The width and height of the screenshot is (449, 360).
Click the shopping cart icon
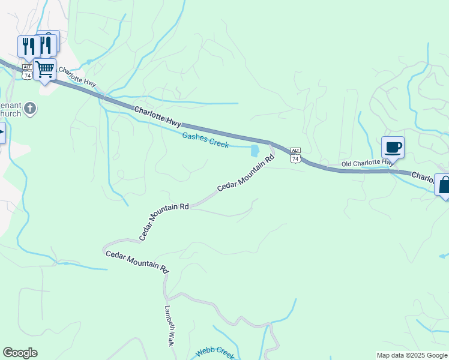45,69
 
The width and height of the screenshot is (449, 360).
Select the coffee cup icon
393,147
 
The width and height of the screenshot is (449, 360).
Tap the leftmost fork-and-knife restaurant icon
28,46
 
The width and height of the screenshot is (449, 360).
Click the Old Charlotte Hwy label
367,163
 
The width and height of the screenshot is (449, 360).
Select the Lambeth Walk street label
169,326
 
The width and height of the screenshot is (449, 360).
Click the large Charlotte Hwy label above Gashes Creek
157,116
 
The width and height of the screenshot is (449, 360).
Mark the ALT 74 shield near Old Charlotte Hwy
295,154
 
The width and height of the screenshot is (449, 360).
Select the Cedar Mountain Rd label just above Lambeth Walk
137,263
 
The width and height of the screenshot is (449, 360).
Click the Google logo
20,353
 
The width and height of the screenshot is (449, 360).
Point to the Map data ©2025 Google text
411,355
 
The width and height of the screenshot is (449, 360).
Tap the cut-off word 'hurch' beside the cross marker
11,113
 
